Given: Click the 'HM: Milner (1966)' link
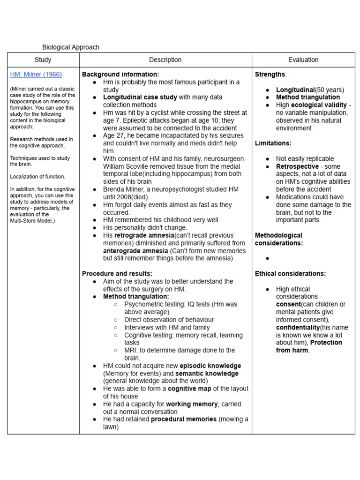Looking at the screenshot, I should click(36, 75).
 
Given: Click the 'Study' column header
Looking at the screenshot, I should click(43, 60).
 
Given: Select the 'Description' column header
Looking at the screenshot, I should click(165, 60).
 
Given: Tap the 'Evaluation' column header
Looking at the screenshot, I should click(303, 60).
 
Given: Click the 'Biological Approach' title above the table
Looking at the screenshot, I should click(71, 47).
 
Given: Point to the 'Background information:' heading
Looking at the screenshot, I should click(120, 75).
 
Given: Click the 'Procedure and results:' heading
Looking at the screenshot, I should click(117, 274).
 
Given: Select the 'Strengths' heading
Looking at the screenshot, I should click(270, 75).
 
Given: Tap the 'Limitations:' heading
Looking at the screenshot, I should click(273, 143).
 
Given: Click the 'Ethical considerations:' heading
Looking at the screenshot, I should click(290, 274).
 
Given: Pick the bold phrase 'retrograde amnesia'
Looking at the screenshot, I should click(144, 235).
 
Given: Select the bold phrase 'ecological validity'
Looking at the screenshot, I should click(319, 105).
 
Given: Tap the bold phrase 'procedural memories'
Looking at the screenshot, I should click(184, 419).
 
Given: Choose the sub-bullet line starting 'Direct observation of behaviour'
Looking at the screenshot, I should click(169, 320).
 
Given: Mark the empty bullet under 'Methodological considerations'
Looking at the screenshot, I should click(267, 258).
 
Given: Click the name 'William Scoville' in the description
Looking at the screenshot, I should click(127, 166).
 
